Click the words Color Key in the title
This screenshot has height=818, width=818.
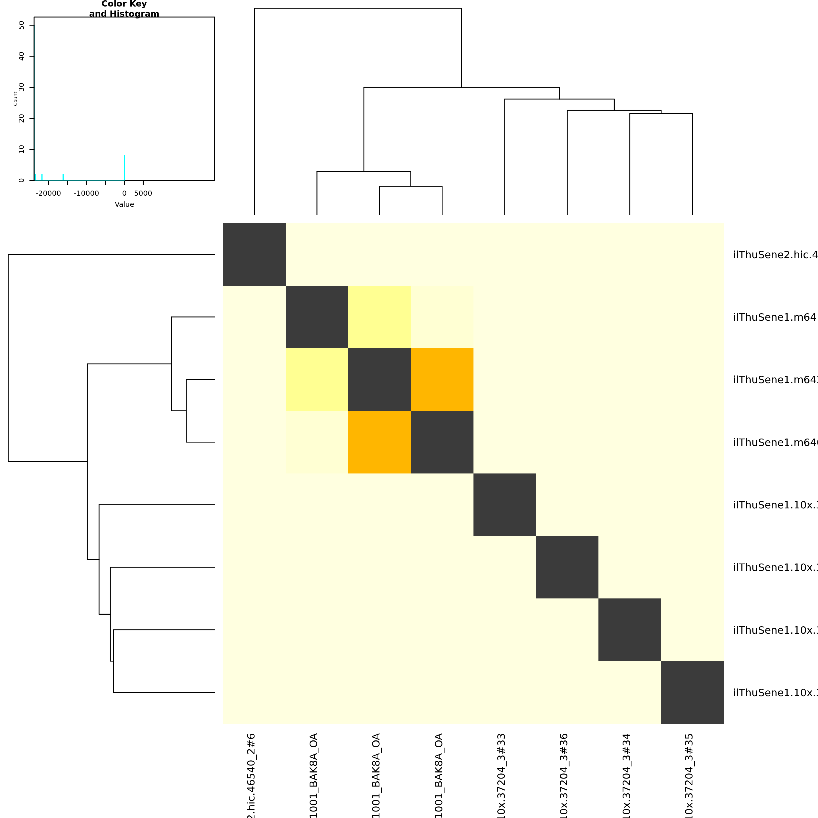[x=124, y=4]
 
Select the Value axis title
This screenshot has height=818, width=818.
[x=124, y=204]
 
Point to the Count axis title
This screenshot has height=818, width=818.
[x=16, y=99]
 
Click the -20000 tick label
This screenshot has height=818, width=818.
[x=48, y=193]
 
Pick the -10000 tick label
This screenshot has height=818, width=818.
[x=86, y=193]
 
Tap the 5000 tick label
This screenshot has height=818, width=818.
[x=143, y=193]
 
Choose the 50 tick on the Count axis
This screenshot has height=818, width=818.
[x=22, y=25]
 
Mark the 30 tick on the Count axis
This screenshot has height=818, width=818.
[x=22, y=87]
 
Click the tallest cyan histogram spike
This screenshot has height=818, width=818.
[x=124, y=168]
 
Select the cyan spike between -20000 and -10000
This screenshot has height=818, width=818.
[x=63, y=177]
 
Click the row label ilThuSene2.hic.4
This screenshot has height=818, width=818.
[x=775, y=255]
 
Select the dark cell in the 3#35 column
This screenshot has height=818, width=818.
[x=692, y=692]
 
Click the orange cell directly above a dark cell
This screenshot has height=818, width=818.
[x=442, y=379]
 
